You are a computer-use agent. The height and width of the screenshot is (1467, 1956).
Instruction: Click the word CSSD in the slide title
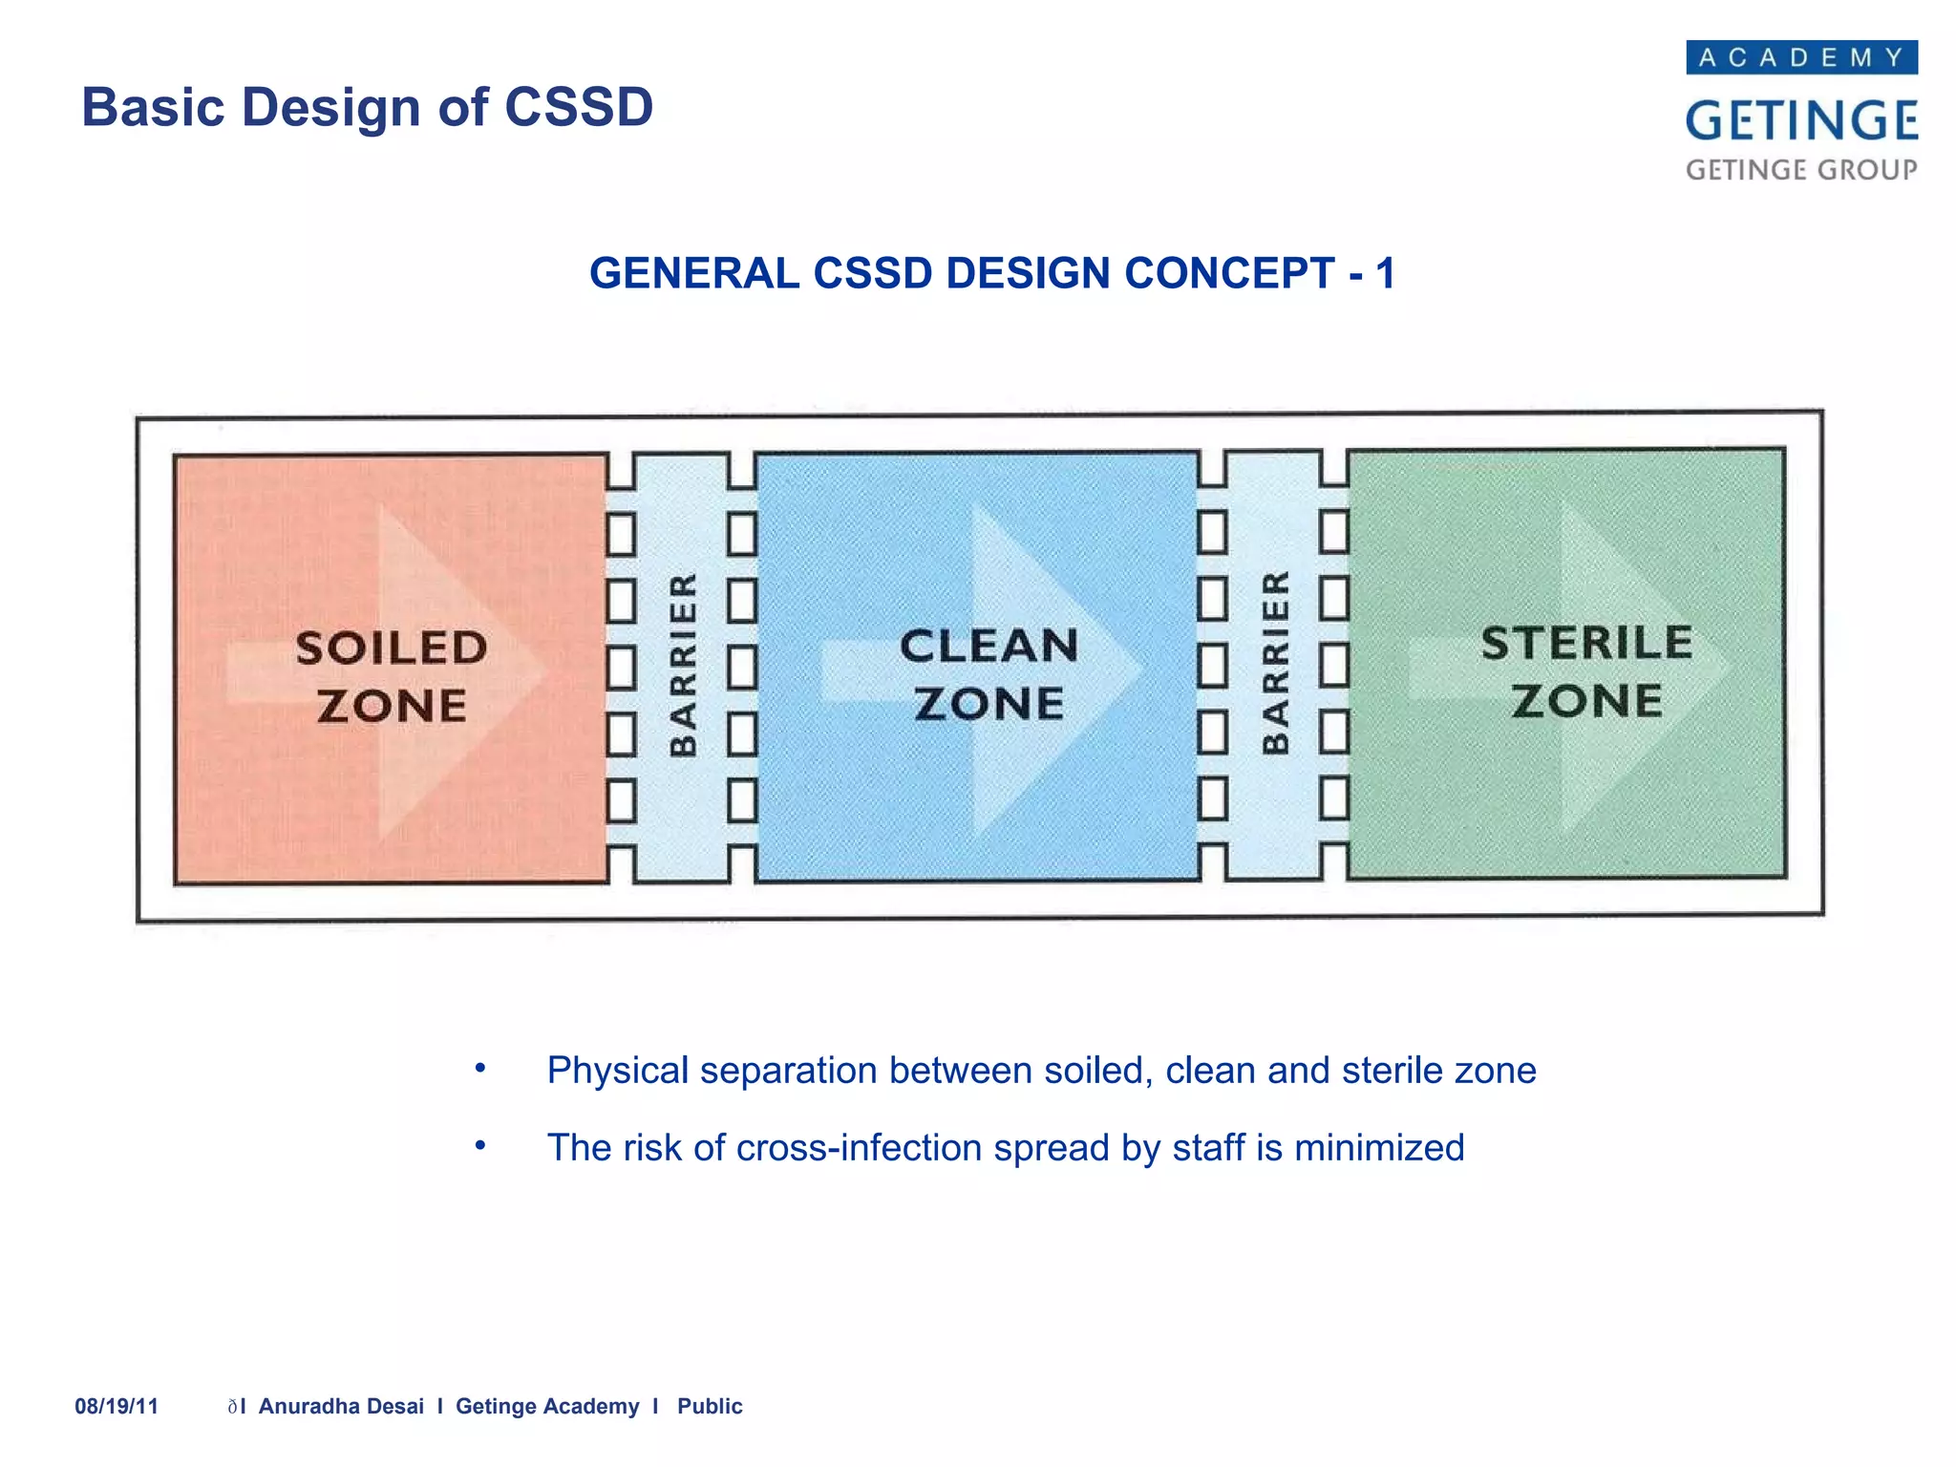578,107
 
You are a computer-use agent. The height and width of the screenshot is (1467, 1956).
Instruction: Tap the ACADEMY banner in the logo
1801,58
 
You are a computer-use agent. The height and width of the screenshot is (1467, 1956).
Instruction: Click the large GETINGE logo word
1801,121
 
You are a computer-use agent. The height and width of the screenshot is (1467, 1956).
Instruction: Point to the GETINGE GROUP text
1801,170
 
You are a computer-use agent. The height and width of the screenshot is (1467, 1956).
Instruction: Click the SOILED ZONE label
392,676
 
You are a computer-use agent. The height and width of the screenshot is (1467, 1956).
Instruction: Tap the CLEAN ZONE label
989,674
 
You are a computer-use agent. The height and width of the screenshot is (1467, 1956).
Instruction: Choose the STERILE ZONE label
1586,671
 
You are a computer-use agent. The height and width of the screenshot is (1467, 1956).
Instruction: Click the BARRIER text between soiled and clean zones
683,665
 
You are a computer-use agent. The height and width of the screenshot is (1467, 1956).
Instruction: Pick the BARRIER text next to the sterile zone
1276,663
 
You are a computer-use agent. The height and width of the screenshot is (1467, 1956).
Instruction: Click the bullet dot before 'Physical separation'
481,1068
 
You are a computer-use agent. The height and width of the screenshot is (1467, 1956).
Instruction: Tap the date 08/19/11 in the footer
117,1407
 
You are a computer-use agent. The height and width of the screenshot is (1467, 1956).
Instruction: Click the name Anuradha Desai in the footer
341,1407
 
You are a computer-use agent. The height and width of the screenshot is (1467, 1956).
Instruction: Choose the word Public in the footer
710,1407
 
